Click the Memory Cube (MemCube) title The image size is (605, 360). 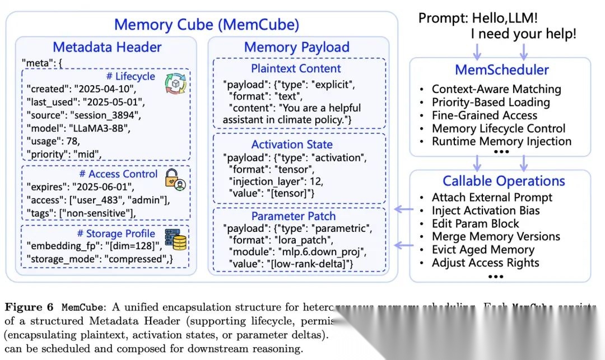[x=207, y=25]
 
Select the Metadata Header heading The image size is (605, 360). [x=107, y=47]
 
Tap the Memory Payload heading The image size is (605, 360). [x=297, y=47]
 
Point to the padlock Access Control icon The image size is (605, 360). [x=175, y=178]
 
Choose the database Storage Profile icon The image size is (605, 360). [x=175, y=239]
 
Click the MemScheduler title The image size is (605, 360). [x=501, y=70]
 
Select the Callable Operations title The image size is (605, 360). [x=504, y=181]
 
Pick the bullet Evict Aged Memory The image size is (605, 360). [x=482, y=250]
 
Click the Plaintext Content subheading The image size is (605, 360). [x=296, y=69]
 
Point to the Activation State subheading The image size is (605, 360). [x=292, y=144]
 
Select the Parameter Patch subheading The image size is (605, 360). [x=294, y=216]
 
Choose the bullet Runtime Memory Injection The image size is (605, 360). [x=501, y=142]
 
